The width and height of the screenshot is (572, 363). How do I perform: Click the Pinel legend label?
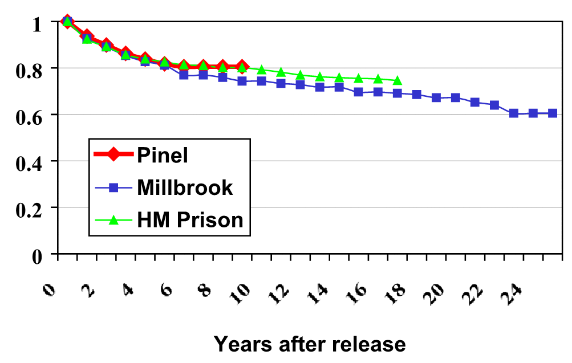(x=162, y=154)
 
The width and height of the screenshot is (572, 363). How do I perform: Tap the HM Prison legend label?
(x=190, y=219)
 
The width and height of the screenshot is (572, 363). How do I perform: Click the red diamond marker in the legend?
(x=113, y=154)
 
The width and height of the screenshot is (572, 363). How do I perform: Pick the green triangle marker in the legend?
(x=113, y=219)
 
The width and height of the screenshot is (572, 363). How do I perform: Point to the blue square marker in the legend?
(x=113, y=187)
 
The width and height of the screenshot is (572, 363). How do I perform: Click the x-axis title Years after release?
(x=310, y=344)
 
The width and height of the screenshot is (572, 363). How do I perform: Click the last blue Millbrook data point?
(x=553, y=113)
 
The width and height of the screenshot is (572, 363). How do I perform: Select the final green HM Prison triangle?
(x=397, y=80)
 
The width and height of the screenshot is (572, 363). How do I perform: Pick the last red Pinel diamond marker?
(x=242, y=67)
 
